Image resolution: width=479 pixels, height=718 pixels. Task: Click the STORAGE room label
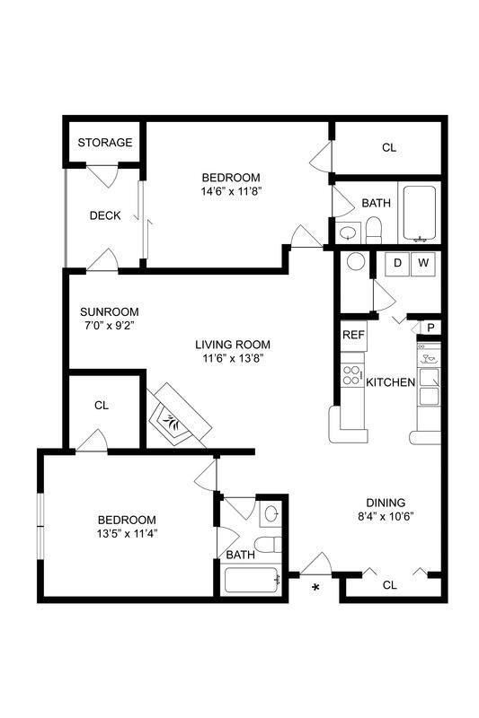pos(105,143)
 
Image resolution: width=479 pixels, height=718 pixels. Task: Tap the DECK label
pos(105,215)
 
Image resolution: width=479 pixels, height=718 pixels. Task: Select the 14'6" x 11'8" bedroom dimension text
pos(231,190)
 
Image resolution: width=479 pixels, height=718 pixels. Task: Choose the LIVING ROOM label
pos(233,344)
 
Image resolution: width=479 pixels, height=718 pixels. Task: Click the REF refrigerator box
pos(351,335)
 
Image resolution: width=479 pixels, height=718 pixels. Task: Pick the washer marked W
pos(422,263)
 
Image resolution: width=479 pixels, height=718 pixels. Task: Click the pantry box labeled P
pos(431,328)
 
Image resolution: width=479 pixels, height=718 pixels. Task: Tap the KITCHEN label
pos(391,382)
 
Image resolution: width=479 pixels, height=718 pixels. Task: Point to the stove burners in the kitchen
pos(351,375)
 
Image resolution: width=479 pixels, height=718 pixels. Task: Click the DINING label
pos(386,502)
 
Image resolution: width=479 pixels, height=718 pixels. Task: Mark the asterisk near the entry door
pos(315,588)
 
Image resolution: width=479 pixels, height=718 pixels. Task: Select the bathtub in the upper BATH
pos(418,214)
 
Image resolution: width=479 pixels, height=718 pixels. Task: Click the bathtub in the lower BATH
pos(253,582)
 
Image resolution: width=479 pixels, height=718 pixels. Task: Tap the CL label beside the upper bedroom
pos(388,147)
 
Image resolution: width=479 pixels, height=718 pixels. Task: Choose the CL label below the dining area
pos(389,585)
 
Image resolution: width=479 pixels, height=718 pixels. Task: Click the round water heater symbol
pos(356,262)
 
